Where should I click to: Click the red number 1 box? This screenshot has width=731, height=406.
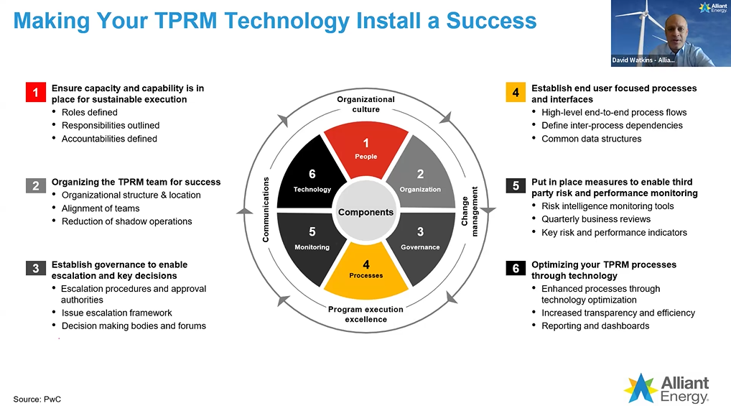35,93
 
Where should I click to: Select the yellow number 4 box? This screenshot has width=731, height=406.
515,93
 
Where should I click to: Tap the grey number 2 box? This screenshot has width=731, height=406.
35,186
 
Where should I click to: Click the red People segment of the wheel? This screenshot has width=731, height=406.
365,147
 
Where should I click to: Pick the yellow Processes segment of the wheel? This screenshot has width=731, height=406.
365,272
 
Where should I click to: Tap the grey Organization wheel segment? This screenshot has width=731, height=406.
420,180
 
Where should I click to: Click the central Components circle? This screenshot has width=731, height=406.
365,212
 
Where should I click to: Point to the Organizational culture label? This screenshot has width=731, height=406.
365,104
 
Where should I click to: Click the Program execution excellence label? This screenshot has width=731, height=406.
365,314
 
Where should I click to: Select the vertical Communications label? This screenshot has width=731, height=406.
266,209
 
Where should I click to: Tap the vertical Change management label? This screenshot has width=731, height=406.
470,209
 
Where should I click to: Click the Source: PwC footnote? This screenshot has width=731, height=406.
32,398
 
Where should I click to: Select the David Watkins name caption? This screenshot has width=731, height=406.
643,60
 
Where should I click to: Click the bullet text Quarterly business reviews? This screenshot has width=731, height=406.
595,219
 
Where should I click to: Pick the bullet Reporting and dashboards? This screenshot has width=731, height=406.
595,326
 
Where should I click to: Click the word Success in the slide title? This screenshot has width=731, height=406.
491,19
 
